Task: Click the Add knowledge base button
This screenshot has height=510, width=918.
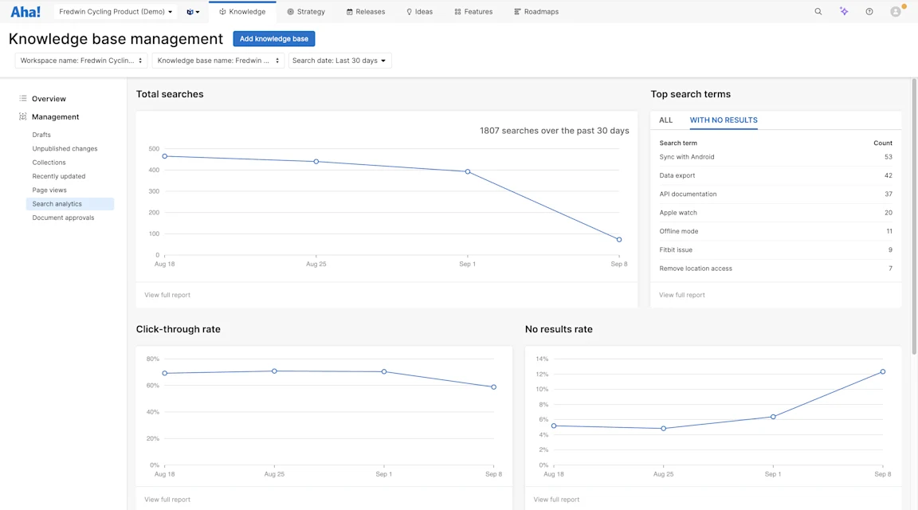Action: (x=273, y=39)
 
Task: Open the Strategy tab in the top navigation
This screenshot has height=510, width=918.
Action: (x=306, y=12)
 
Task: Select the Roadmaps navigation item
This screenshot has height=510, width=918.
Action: (x=536, y=12)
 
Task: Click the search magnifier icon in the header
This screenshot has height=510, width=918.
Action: (x=818, y=12)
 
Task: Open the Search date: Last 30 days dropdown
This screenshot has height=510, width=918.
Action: (x=339, y=61)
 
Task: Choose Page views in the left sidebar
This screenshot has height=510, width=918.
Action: (x=49, y=190)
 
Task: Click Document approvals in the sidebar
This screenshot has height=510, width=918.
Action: (x=63, y=218)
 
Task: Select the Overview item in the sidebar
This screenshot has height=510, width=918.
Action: (x=49, y=99)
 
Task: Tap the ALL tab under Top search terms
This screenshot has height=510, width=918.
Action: (x=665, y=120)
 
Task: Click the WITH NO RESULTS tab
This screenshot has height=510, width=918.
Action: (x=724, y=120)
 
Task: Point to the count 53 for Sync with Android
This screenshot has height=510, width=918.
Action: (x=888, y=157)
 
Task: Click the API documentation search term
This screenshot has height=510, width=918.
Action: (x=688, y=194)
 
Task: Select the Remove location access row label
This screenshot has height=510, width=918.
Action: (x=696, y=269)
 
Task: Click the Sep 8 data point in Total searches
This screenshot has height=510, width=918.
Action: (x=619, y=240)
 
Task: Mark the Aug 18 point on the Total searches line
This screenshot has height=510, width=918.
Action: (x=165, y=156)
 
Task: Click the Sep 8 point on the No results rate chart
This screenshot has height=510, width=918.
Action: (x=883, y=371)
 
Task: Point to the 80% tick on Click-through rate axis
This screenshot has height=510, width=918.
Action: (x=152, y=359)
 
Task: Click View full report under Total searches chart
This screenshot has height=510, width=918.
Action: (x=167, y=295)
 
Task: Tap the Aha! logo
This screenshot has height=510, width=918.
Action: (x=25, y=12)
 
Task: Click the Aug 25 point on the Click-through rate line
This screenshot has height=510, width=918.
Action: (x=274, y=371)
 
